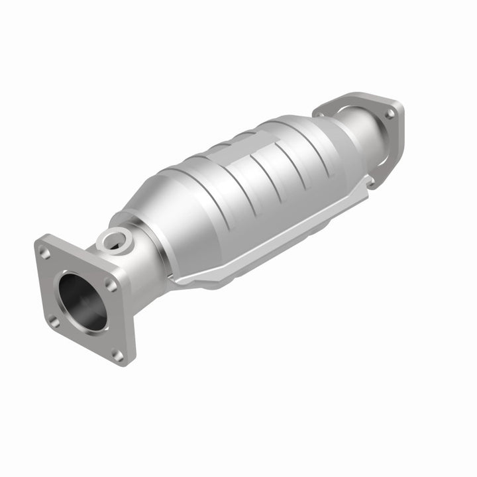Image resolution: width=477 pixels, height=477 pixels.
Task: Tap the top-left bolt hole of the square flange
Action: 44,252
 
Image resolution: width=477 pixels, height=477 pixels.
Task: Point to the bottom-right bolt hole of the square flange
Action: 119,356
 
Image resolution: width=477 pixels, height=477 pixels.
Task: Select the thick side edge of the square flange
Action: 129,311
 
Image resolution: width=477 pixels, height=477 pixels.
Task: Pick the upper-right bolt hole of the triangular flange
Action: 390,115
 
